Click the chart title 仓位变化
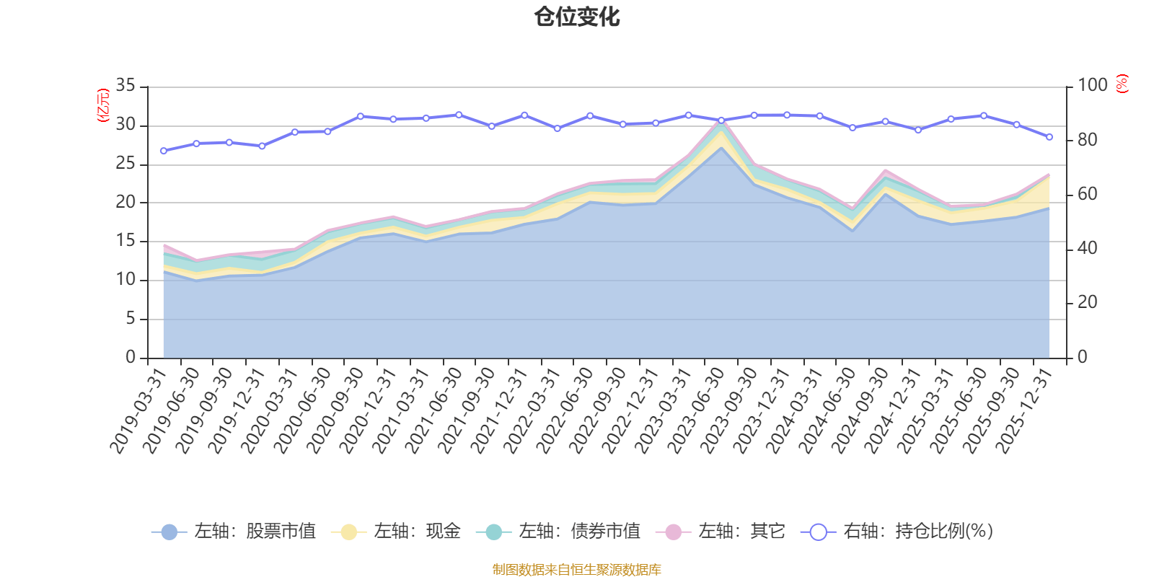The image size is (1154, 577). point(577,17)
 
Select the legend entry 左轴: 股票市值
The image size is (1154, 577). point(234,532)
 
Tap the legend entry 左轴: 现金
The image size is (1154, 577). point(396,532)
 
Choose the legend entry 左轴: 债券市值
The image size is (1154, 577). point(558,532)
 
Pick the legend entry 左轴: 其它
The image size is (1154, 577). point(721,532)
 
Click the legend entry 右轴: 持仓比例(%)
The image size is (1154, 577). point(897,532)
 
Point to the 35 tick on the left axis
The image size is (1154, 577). point(125,86)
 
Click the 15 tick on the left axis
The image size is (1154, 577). point(125,241)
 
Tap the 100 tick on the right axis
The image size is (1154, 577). point(1092,86)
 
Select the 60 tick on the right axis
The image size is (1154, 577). point(1087,194)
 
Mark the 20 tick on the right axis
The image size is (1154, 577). point(1087,302)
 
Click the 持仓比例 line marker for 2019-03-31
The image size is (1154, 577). point(164,151)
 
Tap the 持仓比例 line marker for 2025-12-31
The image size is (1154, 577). point(1049,137)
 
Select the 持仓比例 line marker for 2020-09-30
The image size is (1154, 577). point(361,116)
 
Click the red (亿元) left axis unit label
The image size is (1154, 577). point(102,105)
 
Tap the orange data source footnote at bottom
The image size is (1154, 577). point(577,570)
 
